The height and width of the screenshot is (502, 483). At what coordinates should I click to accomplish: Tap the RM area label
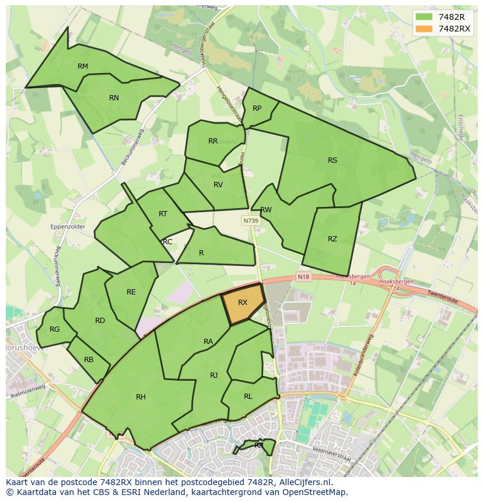pos(83,66)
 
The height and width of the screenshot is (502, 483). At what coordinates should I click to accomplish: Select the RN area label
pos(114,98)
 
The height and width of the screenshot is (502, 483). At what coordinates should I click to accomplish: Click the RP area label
pos(257,108)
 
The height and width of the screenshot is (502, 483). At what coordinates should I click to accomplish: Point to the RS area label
pos(332,160)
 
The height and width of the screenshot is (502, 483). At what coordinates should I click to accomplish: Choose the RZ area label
pos(332,239)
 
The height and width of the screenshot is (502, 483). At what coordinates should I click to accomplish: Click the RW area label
pos(266,210)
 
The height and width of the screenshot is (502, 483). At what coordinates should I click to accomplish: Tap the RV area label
pos(218,185)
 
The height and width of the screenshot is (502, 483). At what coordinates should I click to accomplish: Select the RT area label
pos(163,214)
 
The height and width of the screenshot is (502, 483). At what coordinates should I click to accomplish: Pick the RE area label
pos(131,292)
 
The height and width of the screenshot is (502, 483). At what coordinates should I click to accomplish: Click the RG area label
pos(54,329)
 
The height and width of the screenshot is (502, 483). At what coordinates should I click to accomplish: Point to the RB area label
pos(89,360)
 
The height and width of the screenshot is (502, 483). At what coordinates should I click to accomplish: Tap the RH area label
pos(141,397)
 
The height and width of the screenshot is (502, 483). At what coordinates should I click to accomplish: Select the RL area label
pos(248,396)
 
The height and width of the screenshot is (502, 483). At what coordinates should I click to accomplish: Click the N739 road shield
pos(251,221)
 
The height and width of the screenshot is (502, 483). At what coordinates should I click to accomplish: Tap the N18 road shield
pos(303,276)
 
